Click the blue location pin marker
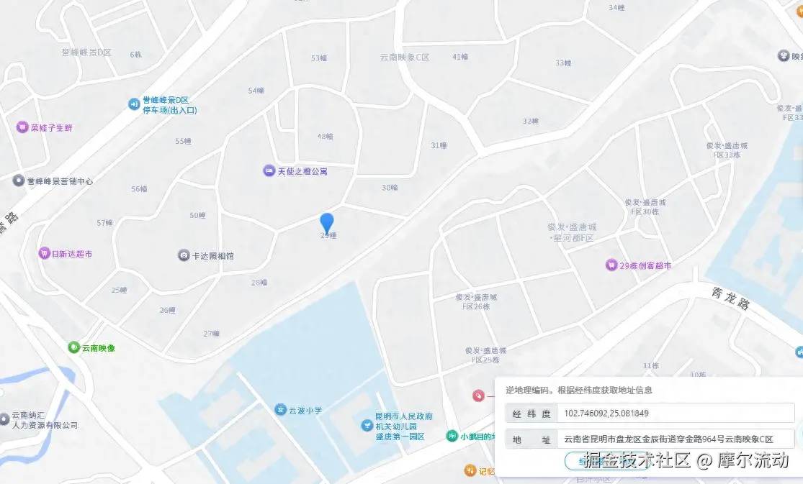click(x=327, y=222)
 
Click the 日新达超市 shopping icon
click(x=45, y=254)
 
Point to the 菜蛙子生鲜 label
click(x=51, y=128)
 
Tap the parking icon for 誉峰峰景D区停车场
click(x=133, y=104)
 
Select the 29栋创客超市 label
click(x=645, y=265)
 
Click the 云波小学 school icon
click(x=280, y=410)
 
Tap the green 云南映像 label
click(x=98, y=348)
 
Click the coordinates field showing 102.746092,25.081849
click(x=677, y=414)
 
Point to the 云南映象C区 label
click(x=405, y=58)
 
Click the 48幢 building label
click(x=325, y=137)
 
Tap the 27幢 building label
click(x=210, y=334)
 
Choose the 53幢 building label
click(x=318, y=58)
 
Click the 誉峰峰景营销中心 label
click(x=60, y=181)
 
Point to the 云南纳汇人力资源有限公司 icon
click(x=5, y=417)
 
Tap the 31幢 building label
click(x=439, y=145)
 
